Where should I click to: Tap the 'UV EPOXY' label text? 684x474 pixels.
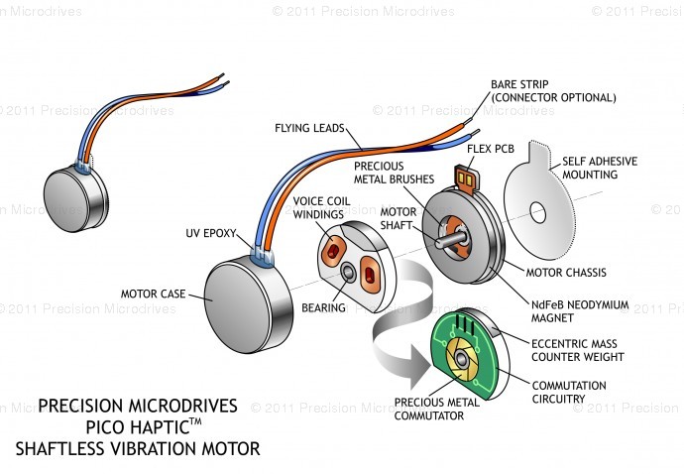click(x=212, y=234)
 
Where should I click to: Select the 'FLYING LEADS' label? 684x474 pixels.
click(x=307, y=128)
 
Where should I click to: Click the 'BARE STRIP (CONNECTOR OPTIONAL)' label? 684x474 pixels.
click(x=553, y=91)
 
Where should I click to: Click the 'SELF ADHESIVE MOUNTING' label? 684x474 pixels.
click(x=600, y=168)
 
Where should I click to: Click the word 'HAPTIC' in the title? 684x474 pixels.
click(x=138, y=426)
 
